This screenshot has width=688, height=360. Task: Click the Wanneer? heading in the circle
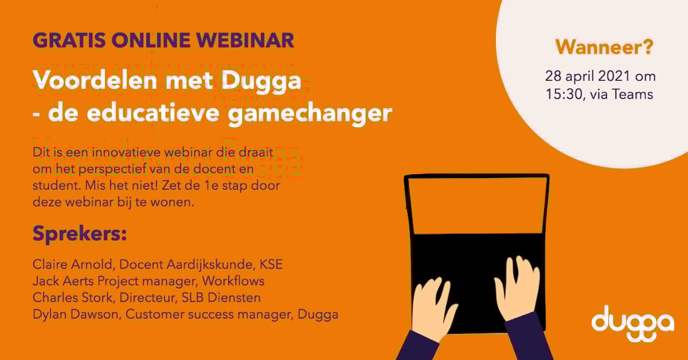604,48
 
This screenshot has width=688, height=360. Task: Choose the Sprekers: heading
79,234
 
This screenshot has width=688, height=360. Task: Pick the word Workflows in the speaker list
234,281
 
